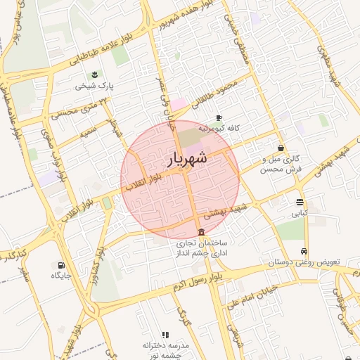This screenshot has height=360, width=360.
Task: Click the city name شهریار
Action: coord(188,160)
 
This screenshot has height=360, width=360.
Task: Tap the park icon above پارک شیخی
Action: coord(94,75)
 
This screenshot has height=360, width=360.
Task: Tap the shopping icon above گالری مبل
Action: coord(281,148)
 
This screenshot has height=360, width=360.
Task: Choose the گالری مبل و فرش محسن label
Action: coord(281,164)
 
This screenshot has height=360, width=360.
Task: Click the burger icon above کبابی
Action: coord(300,202)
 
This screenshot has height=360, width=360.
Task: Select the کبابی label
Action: coord(300,212)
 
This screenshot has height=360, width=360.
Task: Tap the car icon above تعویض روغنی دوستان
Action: coord(304,251)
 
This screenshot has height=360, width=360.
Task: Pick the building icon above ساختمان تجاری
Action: coord(202,232)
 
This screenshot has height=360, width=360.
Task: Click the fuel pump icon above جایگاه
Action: coord(61,265)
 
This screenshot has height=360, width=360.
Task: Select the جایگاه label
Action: coord(62,276)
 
